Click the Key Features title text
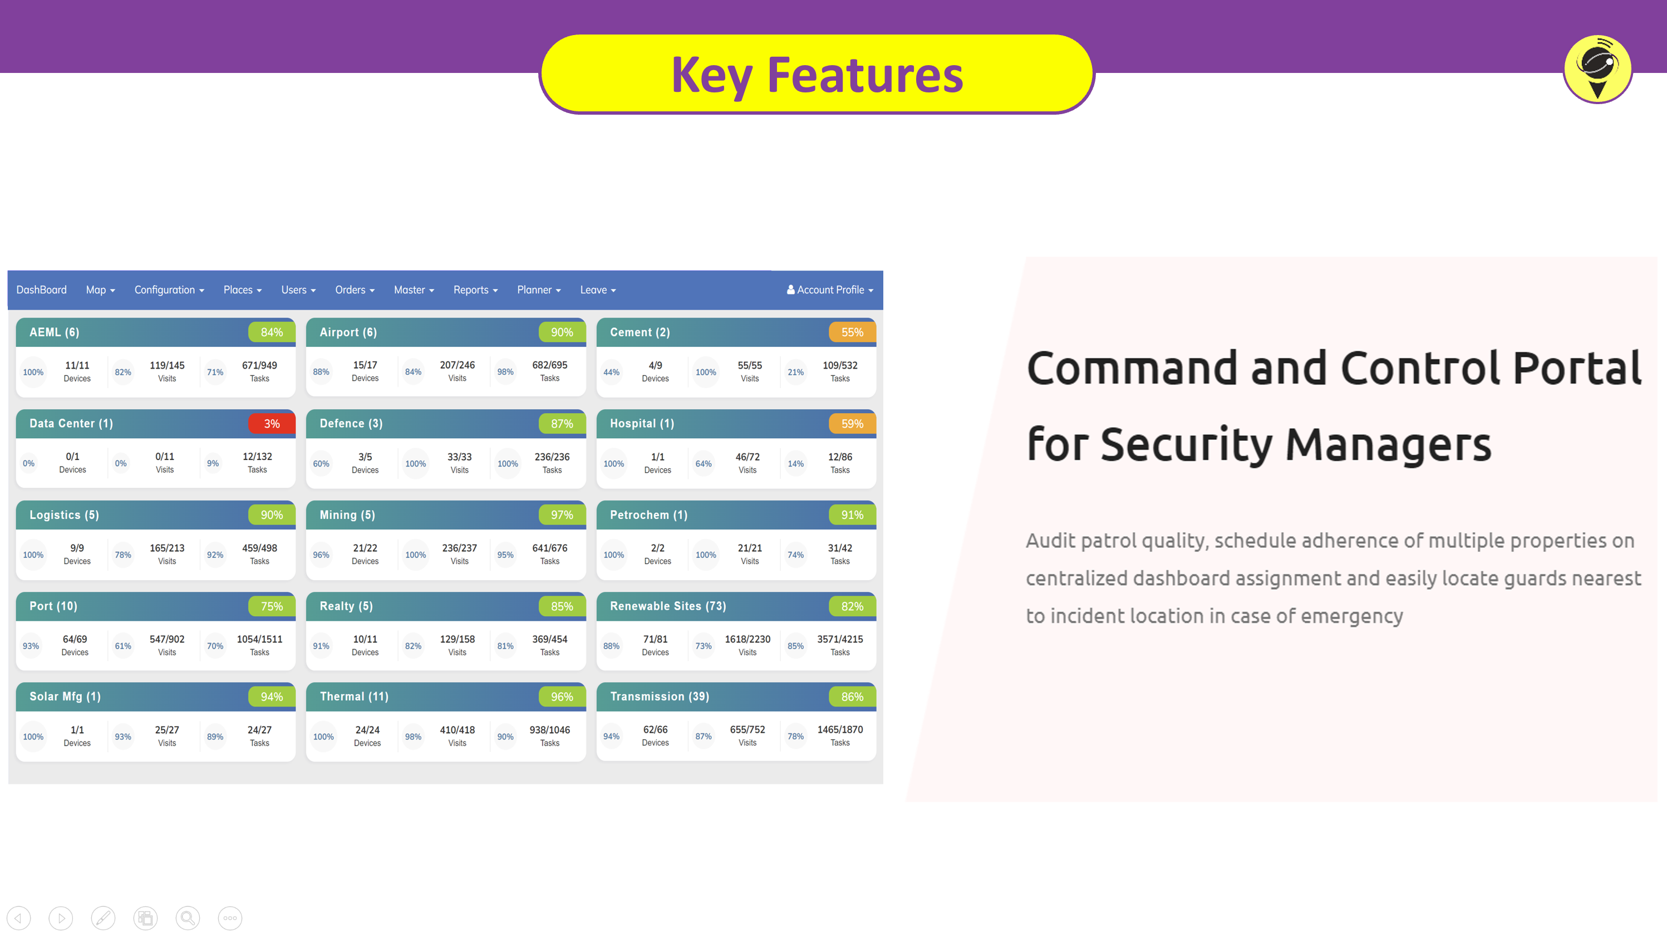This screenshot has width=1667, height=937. [817, 76]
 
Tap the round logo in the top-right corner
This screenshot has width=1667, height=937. [1598, 69]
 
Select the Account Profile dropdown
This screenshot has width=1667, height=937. [830, 290]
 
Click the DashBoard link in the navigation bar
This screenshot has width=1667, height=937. [41, 290]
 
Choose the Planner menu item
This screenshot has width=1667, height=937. [539, 290]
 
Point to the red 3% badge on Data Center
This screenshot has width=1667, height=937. [272, 424]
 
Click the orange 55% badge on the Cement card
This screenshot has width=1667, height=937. [852, 332]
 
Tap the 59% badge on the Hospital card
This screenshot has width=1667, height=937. [852, 424]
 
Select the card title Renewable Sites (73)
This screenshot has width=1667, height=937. [668, 606]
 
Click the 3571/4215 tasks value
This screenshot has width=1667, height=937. [840, 639]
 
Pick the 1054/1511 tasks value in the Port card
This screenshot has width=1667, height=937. [259, 639]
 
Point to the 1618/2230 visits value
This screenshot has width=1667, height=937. [748, 639]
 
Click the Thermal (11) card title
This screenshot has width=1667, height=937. [354, 697]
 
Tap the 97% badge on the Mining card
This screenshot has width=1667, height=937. [562, 515]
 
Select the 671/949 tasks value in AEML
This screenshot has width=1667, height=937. [259, 365]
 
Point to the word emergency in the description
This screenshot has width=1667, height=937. [1352, 616]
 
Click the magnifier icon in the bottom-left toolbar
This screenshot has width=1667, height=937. [188, 918]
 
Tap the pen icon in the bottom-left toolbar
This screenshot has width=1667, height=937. [104, 918]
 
